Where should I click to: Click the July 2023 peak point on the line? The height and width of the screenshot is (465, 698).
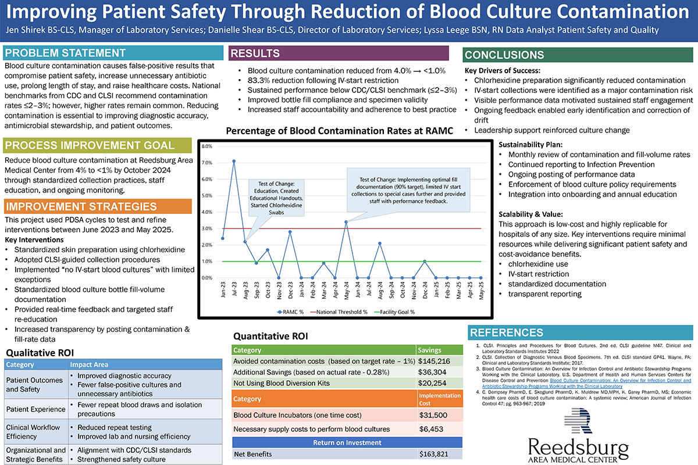tap(234, 161)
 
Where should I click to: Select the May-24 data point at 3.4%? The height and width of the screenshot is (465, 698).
tap(346, 221)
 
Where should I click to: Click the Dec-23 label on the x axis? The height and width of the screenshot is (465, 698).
tap(290, 290)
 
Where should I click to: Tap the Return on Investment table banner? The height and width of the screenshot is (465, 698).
tap(347, 442)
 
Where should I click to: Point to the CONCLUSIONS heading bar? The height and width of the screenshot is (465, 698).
tap(578, 56)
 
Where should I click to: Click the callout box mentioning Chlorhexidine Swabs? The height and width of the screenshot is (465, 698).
tap(277, 197)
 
